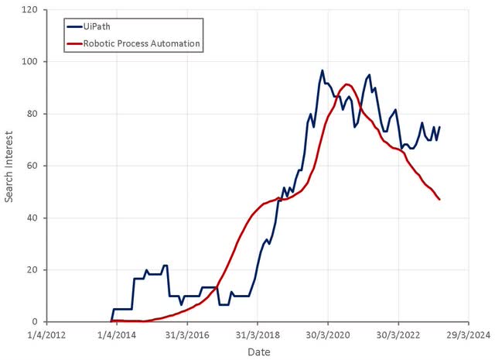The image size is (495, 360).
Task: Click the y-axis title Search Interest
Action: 9,166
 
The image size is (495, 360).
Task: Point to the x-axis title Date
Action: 258,351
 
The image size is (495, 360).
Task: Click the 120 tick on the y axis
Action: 30,10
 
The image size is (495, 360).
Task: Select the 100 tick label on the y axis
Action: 30,62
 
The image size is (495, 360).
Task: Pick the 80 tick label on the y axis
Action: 32,114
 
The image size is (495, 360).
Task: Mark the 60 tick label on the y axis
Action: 32,166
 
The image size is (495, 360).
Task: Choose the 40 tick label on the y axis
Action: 32,218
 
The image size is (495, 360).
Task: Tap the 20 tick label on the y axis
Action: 32,269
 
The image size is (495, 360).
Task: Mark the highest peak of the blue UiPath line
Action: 323,70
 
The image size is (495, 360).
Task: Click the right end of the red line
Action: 439,200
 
